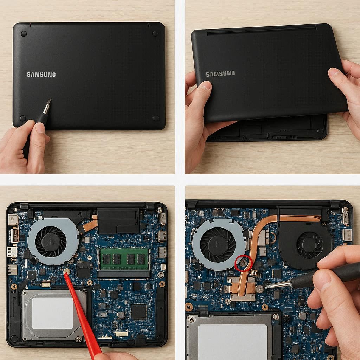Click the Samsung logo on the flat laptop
[41, 75]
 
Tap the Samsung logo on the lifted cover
[220, 74]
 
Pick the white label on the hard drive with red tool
[52, 313]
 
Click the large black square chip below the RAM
[139, 311]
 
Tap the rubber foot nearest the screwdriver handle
[23, 118]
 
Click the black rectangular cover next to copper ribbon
[118, 221]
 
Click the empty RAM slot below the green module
[124, 274]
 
